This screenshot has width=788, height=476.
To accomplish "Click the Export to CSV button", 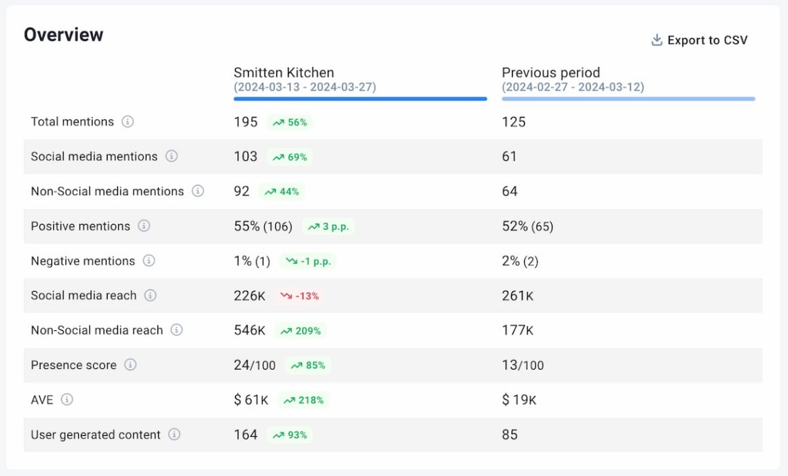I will pos(700,40).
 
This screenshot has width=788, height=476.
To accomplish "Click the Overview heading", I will pos(64,35).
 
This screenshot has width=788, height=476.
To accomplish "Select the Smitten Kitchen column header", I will pos(283,73).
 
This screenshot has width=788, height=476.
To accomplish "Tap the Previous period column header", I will pos(551,73).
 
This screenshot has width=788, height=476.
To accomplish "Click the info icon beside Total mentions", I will pos(128,122).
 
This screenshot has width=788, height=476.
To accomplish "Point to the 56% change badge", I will pos(290,122).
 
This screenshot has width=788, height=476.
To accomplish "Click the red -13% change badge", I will pos(300,296).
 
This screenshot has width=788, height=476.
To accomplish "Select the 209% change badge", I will pos(301,331).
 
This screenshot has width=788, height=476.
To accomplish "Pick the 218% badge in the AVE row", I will pos(303,400).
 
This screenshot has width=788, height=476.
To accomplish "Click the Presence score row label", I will pos(73,365).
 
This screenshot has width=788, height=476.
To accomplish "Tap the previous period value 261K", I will pos(517,296).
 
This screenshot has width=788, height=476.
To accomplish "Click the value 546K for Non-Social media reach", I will pos(250,330).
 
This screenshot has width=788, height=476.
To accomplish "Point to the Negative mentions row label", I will pos(83,261).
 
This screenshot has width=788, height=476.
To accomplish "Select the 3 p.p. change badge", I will pos(328,227).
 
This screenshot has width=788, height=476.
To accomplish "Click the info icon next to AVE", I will pos(67,399).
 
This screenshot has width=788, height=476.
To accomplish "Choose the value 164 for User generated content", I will pos(245,435).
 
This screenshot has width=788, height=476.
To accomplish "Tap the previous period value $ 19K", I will pos(519,400).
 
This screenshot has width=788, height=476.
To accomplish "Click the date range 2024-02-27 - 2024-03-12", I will pos(573,87).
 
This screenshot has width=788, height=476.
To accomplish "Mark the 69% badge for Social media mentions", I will pos(290,157).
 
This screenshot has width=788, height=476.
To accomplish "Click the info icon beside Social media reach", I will pos(150,296).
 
